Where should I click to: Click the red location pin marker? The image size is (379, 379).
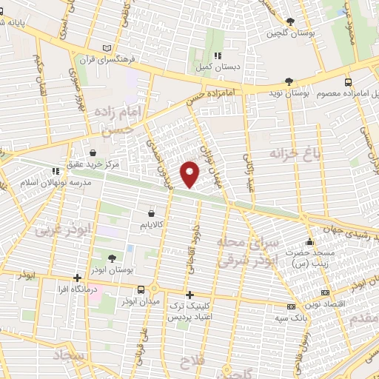[190, 174]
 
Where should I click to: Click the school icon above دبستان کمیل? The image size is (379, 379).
[217, 56]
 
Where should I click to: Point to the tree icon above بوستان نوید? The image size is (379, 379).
[289, 82]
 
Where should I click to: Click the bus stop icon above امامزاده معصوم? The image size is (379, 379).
[349, 82]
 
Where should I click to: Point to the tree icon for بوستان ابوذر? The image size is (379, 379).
[111, 258]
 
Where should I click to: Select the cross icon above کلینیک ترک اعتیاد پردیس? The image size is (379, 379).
[190, 295]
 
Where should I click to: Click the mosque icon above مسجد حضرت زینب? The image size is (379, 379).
[310, 241]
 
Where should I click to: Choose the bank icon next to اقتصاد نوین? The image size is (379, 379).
[291, 306]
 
